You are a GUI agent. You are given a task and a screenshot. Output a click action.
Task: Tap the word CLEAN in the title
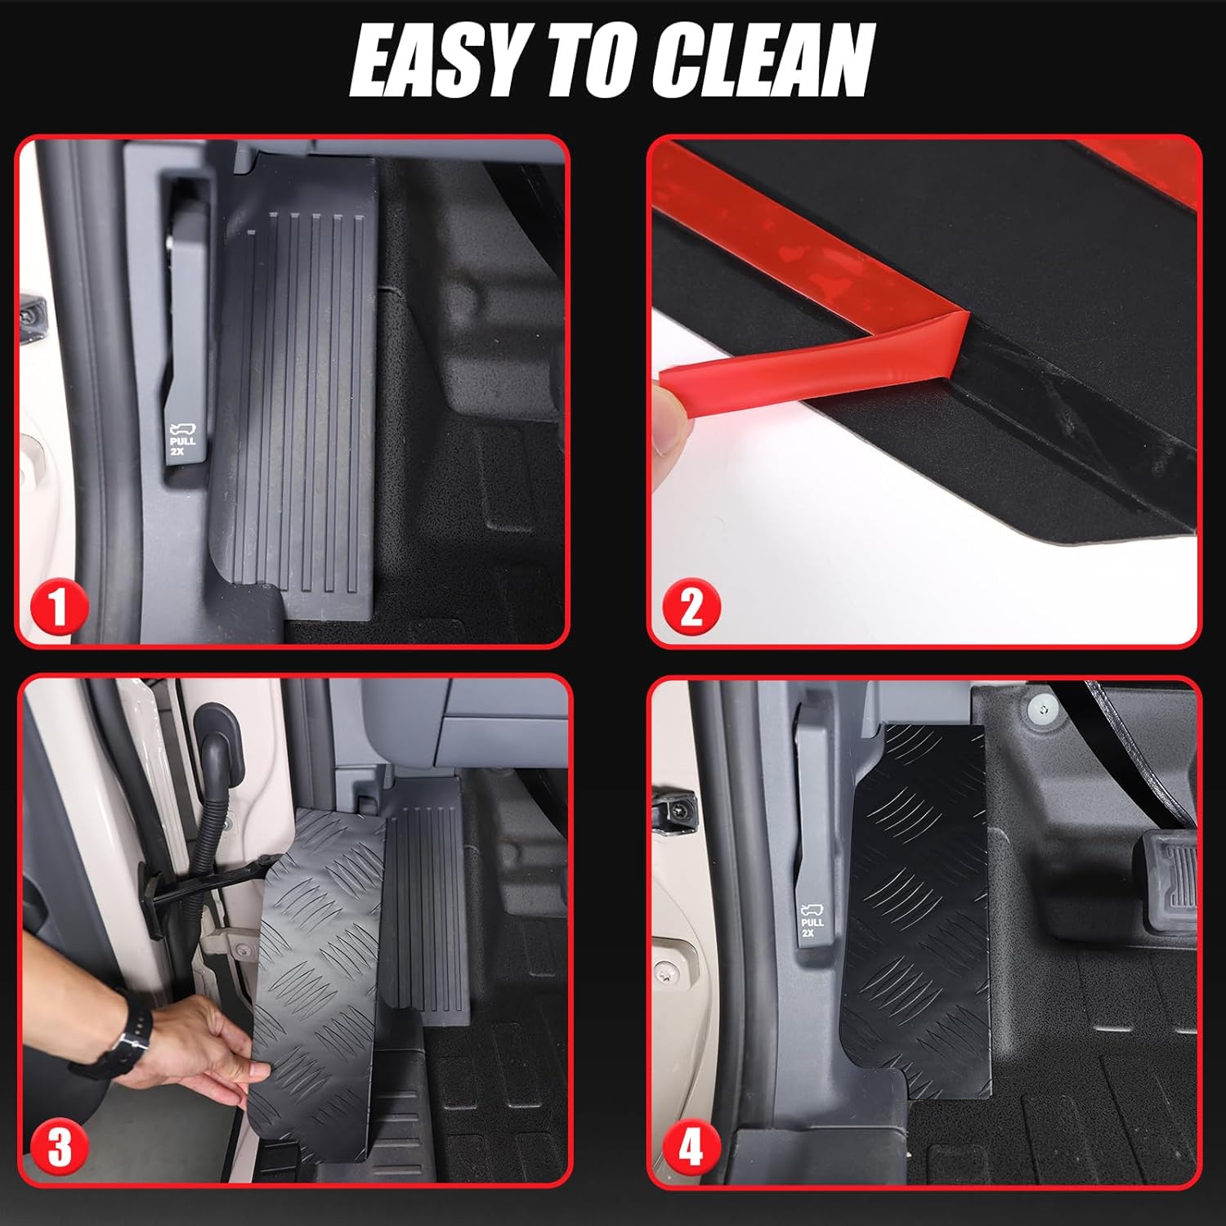pyautogui.click(x=764, y=61)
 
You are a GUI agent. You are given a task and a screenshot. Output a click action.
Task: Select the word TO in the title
pyautogui.click(x=595, y=61)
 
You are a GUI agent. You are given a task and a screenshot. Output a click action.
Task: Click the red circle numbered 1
pyautogui.click(x=58, y=608)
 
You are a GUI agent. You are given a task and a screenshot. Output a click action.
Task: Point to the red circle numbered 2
pyautogui.click(x=691, y=608)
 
